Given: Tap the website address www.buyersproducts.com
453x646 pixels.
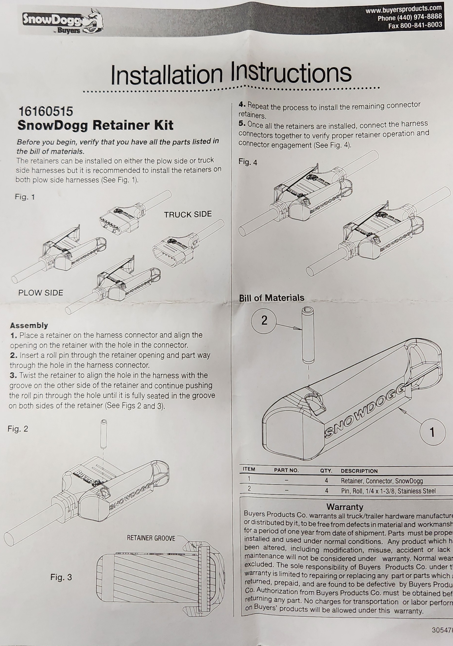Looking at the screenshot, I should point(403,9).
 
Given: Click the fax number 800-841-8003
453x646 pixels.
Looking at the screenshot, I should point(421,25).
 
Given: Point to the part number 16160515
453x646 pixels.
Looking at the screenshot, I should point(46,111).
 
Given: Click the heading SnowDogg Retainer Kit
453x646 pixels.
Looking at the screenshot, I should point(95,125).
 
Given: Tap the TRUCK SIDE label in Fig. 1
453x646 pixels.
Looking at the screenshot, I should point(188,214).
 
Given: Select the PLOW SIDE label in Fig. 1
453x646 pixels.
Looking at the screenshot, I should point(41,293).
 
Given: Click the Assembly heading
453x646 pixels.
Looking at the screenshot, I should point(29,325).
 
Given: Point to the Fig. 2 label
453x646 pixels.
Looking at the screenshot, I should point(18,429).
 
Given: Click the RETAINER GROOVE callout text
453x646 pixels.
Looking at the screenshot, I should point(151,538).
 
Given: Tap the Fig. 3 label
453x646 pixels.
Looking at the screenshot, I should point(61,578).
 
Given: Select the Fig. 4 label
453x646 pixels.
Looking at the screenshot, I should point(248,162).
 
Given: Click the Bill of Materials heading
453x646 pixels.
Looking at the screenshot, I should point(272,298).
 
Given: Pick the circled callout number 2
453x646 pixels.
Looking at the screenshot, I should point(264,320).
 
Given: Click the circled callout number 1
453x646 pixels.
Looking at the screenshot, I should point(432,432).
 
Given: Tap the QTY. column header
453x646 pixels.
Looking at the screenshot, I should point(326,471).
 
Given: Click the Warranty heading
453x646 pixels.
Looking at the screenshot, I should point(345,507).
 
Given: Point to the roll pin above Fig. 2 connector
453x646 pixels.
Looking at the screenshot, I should point(104,434).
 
